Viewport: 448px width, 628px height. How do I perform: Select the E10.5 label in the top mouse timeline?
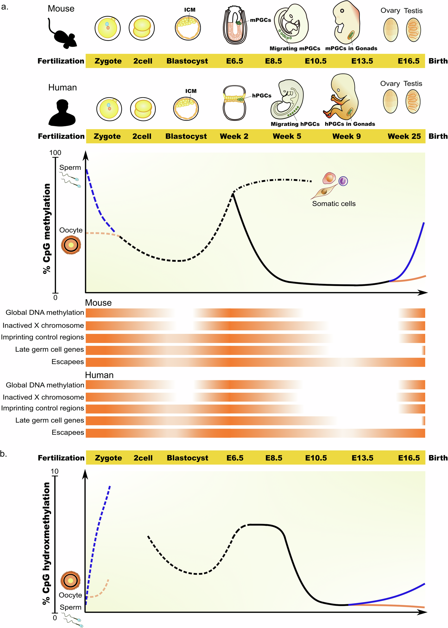[x=315, y=61]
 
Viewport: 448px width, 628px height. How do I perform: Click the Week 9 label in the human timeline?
[x=346, y=136]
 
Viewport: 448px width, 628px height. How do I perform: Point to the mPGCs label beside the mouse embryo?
[x=260, y=20]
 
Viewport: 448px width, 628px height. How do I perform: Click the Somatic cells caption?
[x=334, y=204]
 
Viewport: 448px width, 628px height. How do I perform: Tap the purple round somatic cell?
[x=343, y=181]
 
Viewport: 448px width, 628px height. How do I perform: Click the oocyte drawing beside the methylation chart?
[x=71, y=245]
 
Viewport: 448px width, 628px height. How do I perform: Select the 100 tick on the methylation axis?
[x=55, y=153]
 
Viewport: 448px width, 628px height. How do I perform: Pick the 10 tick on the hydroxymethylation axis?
[x=55, y=471]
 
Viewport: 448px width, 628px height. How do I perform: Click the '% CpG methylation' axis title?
[x=47, y=229]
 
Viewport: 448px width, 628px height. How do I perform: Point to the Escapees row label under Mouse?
[x=68, y=362]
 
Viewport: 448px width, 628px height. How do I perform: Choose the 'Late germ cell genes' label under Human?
[x=50, y=420]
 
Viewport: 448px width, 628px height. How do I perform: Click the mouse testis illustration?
[x=413, y=30]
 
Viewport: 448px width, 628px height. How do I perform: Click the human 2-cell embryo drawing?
[x=143, y=109]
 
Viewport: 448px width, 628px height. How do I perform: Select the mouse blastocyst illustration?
[x=188, y=28]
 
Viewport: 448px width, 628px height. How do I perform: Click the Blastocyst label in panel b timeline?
[x=187, y=458]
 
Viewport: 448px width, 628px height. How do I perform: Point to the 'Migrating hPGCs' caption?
[x=295, y=124]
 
